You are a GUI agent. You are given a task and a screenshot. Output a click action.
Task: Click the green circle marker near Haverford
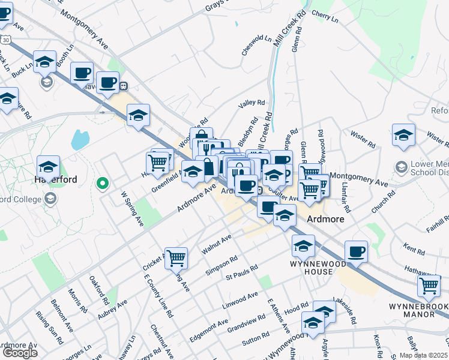click(x=103, y=183)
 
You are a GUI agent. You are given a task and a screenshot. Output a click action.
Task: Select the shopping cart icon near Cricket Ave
click(x=176, y=258)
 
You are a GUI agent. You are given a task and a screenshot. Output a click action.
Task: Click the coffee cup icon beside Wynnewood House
click(x=356, y=251)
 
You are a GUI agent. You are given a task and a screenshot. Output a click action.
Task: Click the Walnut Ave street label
click(x=217, y=243)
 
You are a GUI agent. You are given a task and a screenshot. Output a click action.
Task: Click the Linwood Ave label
click(x=240, y=299)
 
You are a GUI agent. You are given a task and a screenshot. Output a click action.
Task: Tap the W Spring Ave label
click(x=132, y=209)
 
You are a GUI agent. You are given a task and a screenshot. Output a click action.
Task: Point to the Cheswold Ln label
click(x=256, y=46)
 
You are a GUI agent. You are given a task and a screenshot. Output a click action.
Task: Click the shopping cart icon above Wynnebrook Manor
click(x=429, y=287)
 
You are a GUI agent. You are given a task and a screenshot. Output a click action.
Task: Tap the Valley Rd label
click(x=252, y=103)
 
